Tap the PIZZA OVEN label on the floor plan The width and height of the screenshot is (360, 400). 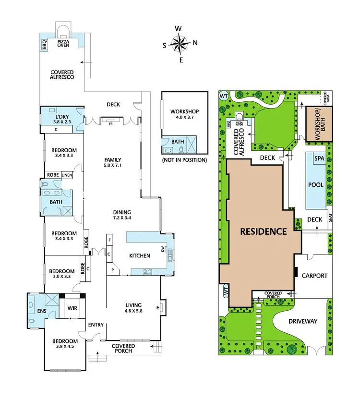coord(63,44)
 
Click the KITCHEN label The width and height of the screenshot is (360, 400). coord(139,256)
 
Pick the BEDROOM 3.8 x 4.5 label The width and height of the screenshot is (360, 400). coord(64,345)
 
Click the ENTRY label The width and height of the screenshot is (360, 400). coord(96,325)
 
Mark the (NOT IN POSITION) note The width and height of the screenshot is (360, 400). coord(184,160)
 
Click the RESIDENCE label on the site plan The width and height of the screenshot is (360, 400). coord(263,231)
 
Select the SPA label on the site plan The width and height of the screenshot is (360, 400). coord(319,158)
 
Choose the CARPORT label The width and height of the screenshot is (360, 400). coord(314,276)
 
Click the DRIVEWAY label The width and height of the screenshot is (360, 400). coord(303,321)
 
